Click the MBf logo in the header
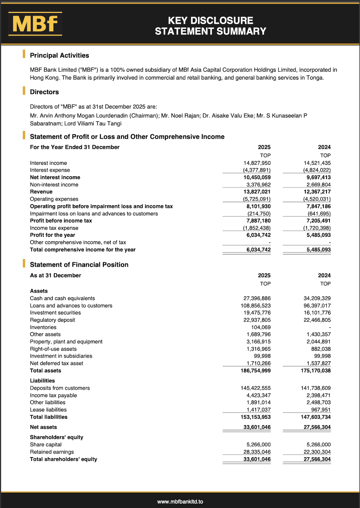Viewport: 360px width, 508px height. (35, 24)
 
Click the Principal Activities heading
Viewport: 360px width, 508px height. (60, 55)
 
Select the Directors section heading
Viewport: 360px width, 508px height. (44, 92)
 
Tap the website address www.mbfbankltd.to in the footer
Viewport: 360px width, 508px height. (180, 502)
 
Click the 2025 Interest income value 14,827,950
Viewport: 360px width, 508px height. (257, 163)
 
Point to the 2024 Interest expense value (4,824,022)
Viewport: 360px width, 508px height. (317, 170)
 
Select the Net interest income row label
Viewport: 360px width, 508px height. (55, 177)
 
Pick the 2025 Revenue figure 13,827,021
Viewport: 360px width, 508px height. (257, 192)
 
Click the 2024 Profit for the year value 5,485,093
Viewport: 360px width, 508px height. (319, 235)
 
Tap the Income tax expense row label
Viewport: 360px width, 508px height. (54, 228)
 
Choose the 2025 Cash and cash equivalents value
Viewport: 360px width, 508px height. (257, 298)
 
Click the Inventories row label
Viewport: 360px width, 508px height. (43, 327)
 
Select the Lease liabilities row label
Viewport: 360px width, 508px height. (48, 410)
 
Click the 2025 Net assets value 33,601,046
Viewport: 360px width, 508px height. (257, 427)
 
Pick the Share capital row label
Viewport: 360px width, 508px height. (46, 445)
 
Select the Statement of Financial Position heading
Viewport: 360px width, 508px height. (79, 265)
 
